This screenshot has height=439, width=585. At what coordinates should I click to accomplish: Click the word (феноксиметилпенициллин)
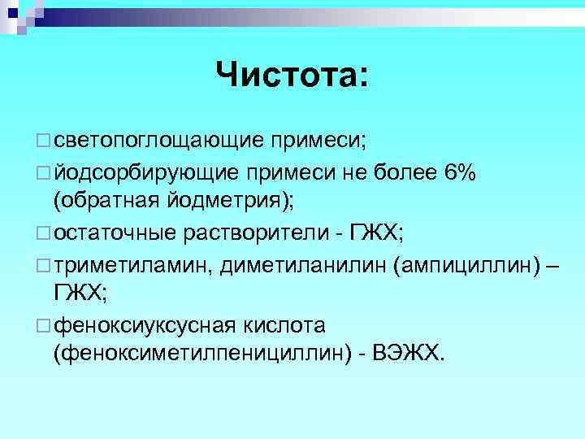pos(199,354)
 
